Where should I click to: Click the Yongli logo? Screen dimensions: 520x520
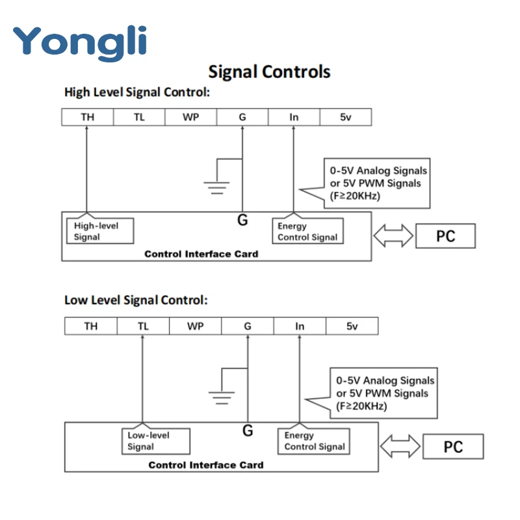80,42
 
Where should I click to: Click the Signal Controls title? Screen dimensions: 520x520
269,71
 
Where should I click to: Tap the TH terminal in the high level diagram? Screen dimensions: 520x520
87,117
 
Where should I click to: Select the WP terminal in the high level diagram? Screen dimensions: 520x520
190,117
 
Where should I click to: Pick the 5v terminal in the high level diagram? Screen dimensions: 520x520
345,117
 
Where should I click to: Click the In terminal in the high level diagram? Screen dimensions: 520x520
294,117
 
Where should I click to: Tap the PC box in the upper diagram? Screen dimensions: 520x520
445,236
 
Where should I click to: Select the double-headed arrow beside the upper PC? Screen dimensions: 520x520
395,236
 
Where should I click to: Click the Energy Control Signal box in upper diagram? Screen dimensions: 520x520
307,231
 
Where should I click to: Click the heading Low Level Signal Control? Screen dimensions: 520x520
136,300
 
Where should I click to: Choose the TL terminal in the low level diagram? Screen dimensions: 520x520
143,326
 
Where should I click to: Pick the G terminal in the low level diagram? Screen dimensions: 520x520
247,326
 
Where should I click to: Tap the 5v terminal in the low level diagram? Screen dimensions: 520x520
352,326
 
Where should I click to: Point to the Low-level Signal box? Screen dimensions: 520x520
156,441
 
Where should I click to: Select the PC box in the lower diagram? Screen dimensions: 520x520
453,447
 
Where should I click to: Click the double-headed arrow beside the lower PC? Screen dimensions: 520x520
402,447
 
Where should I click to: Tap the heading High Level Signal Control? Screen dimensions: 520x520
137,92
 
